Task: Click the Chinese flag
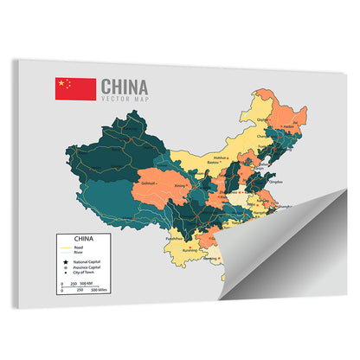75,88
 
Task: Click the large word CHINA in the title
125,87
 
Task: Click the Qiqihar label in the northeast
265,120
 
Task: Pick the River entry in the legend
79,253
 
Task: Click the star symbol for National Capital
63,262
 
